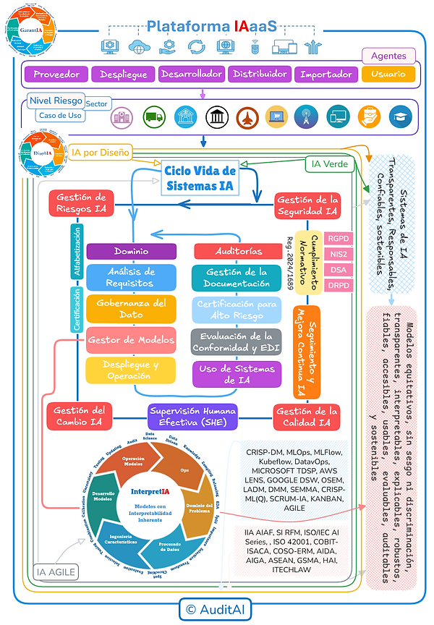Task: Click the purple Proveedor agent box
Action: [x=56, y=74]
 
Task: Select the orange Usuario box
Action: [x=388, y=74]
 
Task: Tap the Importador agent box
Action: [x=326, y=74]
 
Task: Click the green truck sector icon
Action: [x=153, y=117]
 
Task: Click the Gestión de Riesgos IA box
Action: [x=80, y=203]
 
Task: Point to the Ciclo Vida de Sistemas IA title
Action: [x=200, y=179]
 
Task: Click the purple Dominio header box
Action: [x=131, y=251]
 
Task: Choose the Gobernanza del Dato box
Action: [x=131, y=309]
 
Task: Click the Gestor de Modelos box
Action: [x=131, y=339]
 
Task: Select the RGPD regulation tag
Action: [x=337, y=238]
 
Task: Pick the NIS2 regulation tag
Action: [x=337, y=254]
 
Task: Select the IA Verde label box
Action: [x=326, y=164]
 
